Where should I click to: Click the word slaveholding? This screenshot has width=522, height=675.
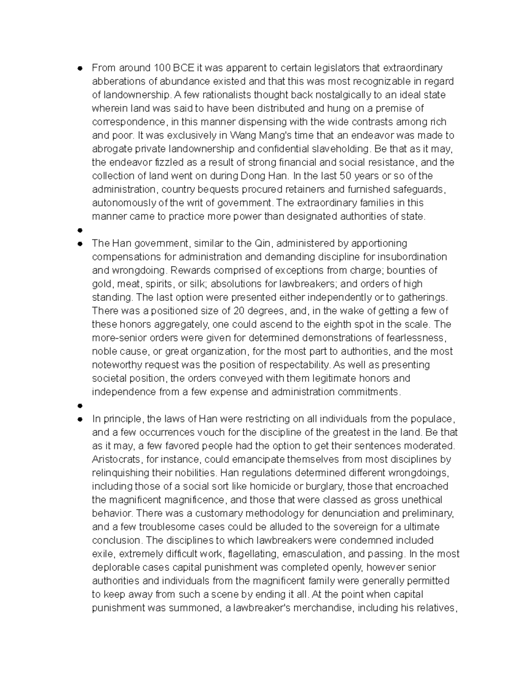[340, 149]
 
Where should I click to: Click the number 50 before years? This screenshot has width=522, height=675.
[346, 176]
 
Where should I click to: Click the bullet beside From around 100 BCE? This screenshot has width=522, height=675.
[80, 68]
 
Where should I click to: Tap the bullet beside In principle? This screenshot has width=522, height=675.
[80, 419]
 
